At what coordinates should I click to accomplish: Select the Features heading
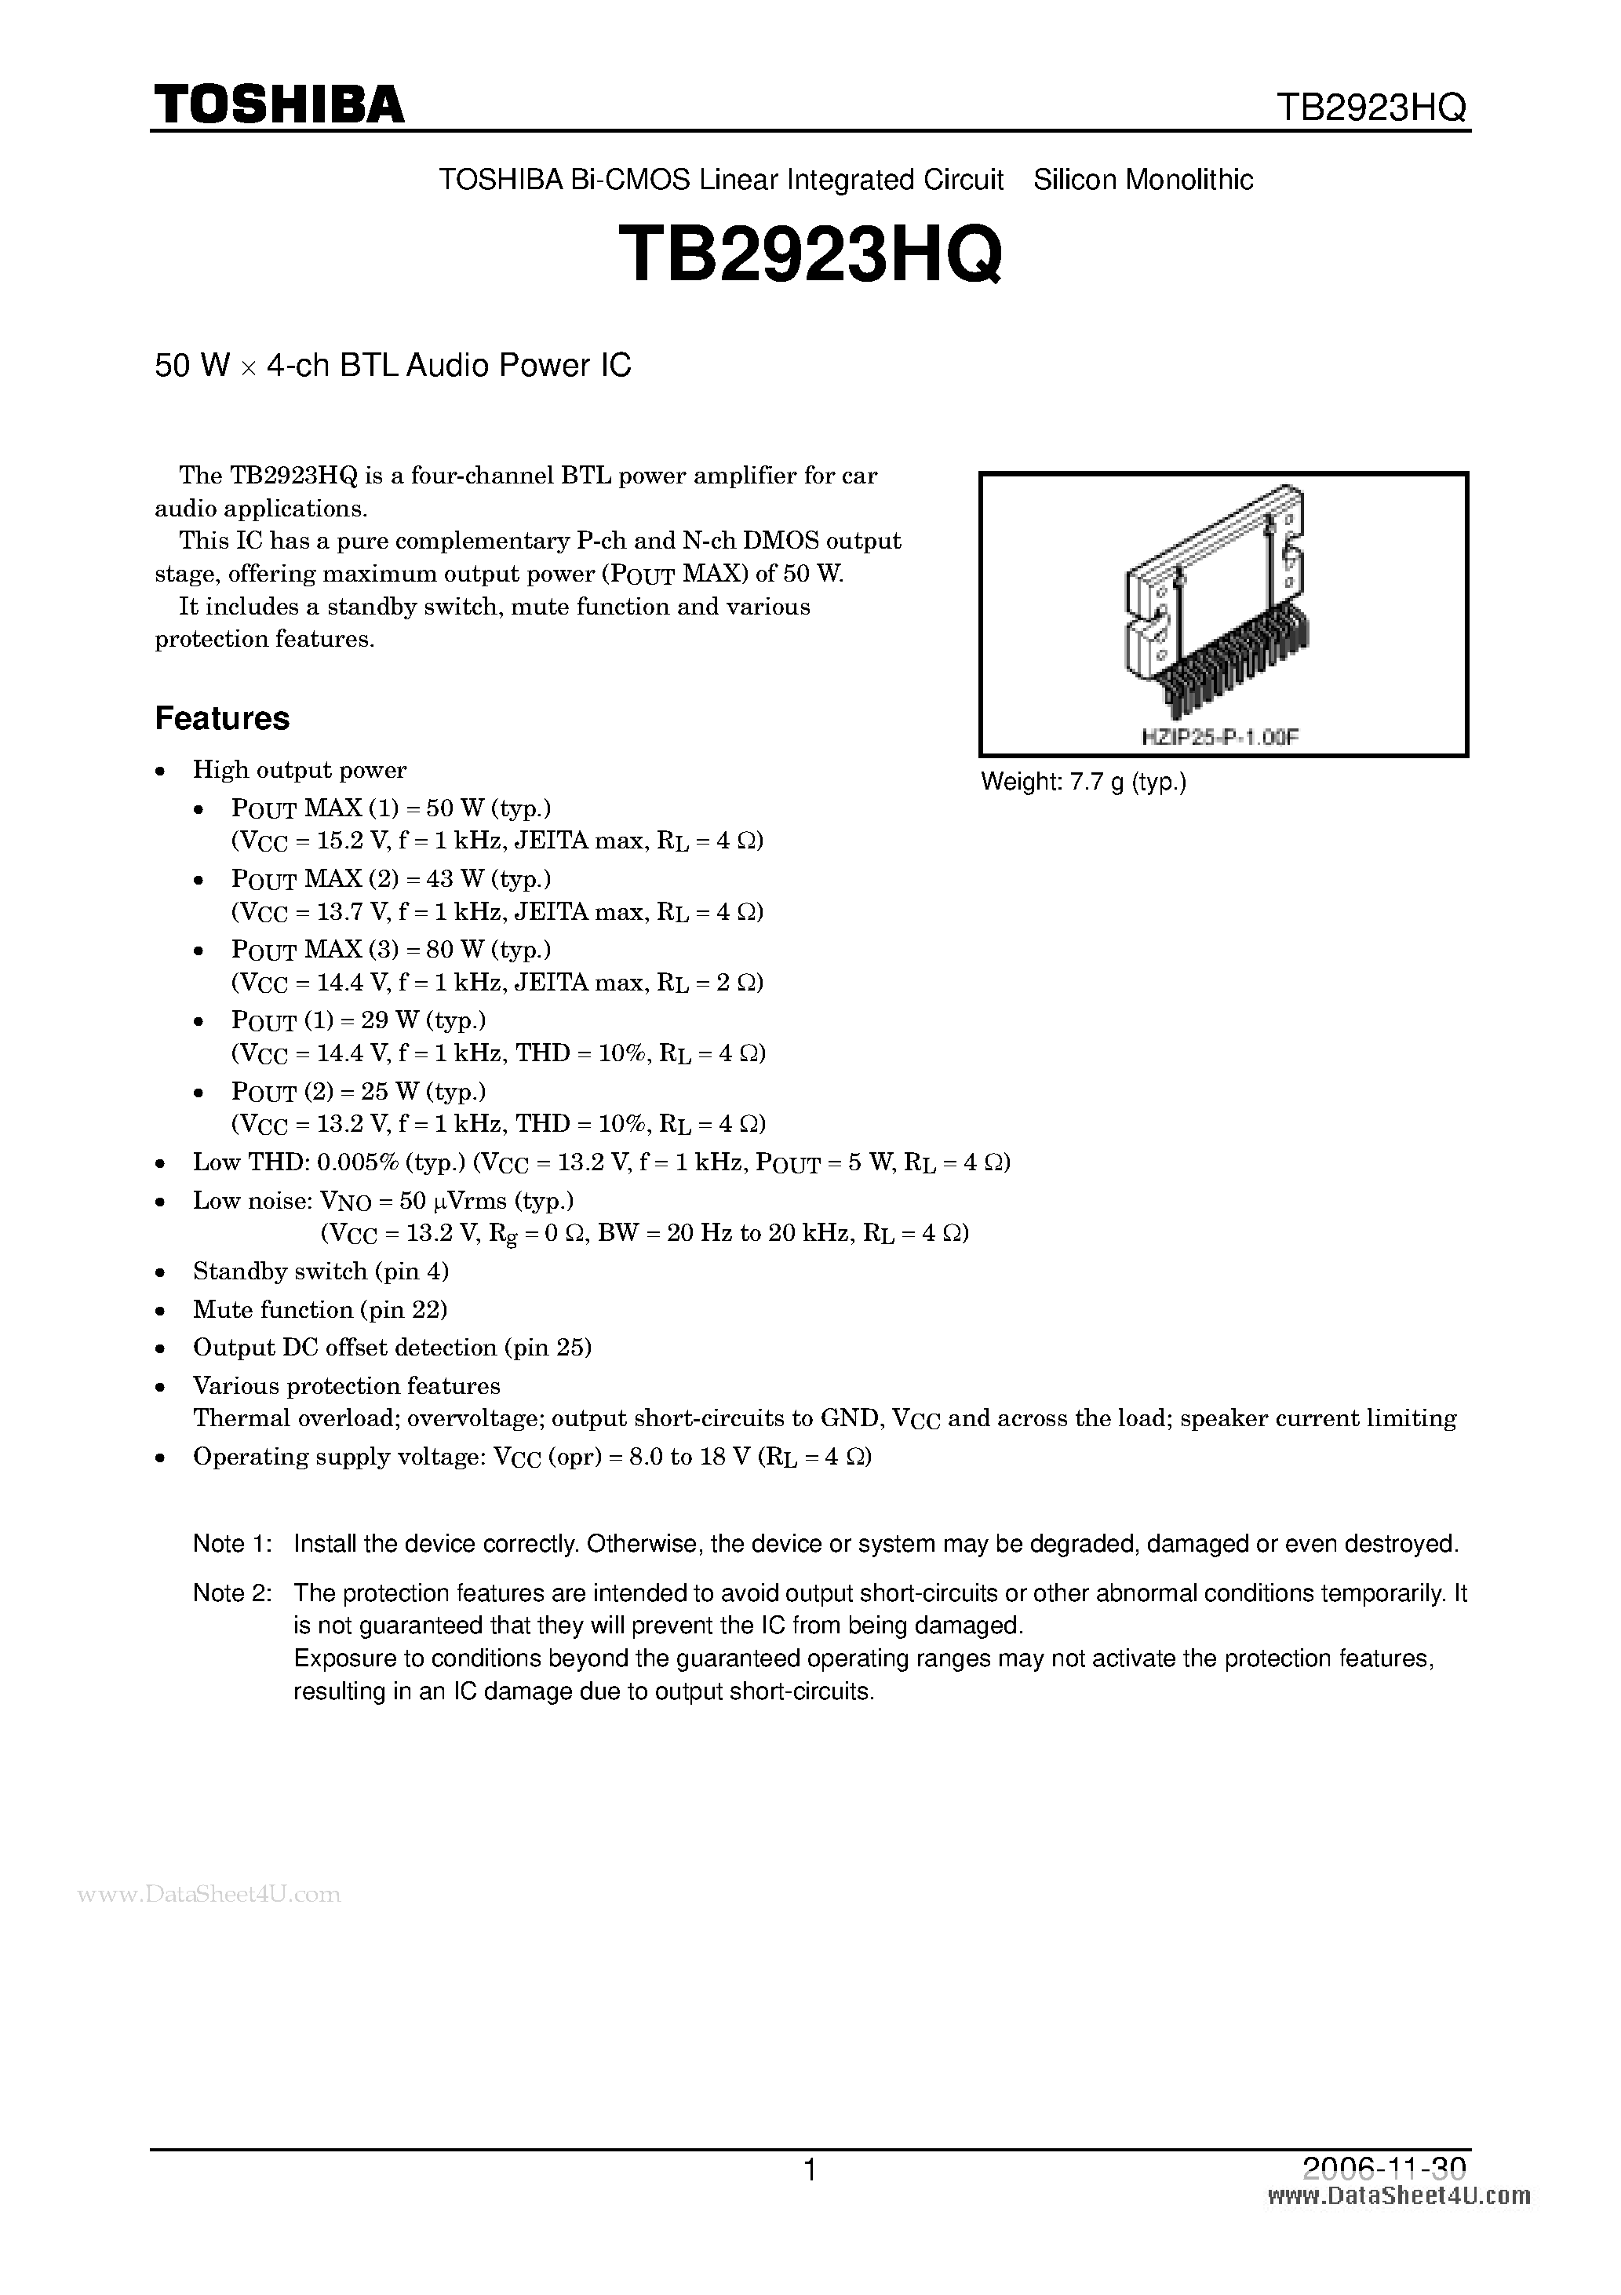coord(222,719)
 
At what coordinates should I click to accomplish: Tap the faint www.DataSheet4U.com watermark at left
coord(209,1894)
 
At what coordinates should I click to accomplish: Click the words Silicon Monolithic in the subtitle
coord(1143,180)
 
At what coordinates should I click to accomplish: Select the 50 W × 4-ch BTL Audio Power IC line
coord(393,366)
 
